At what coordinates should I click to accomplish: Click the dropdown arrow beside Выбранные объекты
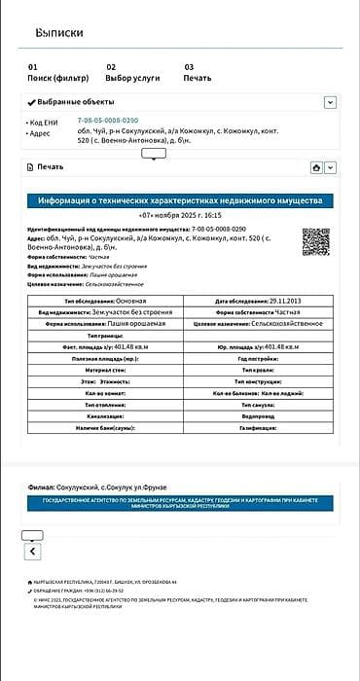click(x=330, y=102)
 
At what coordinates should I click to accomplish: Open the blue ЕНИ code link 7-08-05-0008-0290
click(x=108, y=121)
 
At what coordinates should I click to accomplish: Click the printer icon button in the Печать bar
click(x=316, y=167)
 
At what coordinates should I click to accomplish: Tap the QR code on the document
click(x=316, y=241)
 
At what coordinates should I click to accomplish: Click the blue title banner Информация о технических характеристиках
click(x=180, y=201)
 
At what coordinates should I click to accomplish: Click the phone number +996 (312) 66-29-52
click(x=102, y=591)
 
